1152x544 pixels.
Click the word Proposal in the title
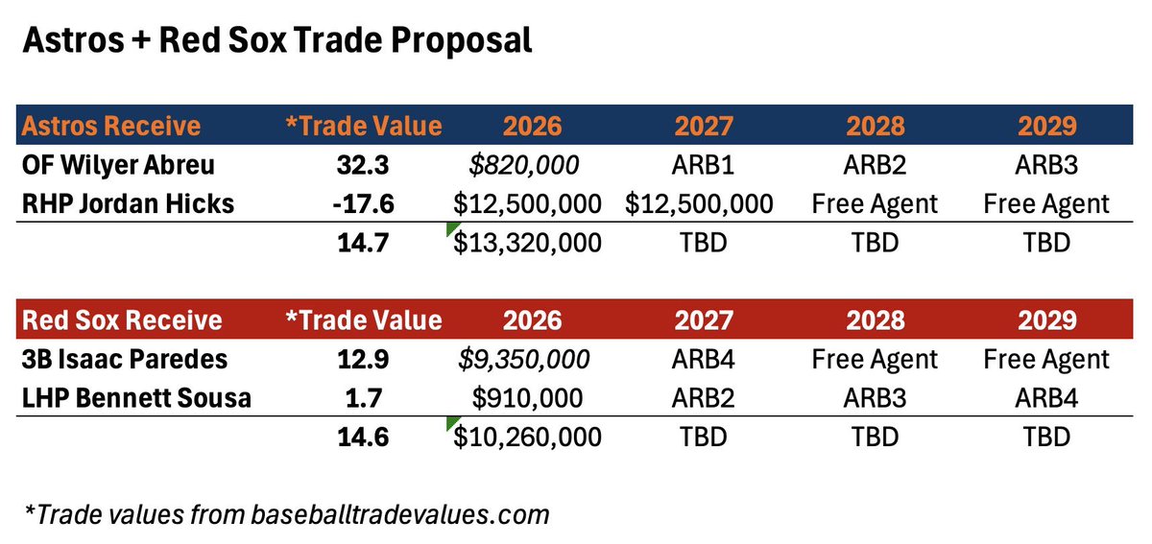coord(462,41)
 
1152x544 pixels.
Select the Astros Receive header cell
coord(111,126)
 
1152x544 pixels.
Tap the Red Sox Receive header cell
coord(122,320)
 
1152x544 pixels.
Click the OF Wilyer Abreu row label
coord(118,165)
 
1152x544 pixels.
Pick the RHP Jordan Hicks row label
coord(128,203)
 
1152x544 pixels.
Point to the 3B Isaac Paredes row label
coord(125,359)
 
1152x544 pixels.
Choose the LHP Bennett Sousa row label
coord(136,398)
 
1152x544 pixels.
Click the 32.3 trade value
coord(363,165)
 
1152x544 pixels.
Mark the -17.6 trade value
coord(363,203)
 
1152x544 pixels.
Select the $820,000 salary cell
coord(524,165)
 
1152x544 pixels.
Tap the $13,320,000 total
coord(527,243)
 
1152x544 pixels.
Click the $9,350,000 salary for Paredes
coord(524,359)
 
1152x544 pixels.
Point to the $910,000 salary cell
coord(527,398)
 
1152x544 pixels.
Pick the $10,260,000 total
coord(527,438)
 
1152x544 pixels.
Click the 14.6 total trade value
coord(363,438)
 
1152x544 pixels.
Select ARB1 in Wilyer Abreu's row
coord(703,165)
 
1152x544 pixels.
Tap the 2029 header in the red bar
coord(1047,320)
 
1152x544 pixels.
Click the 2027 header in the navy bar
coord(704,126)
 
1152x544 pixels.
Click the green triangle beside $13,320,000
coord(451,227)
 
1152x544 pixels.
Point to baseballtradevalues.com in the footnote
coord(400,514)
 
